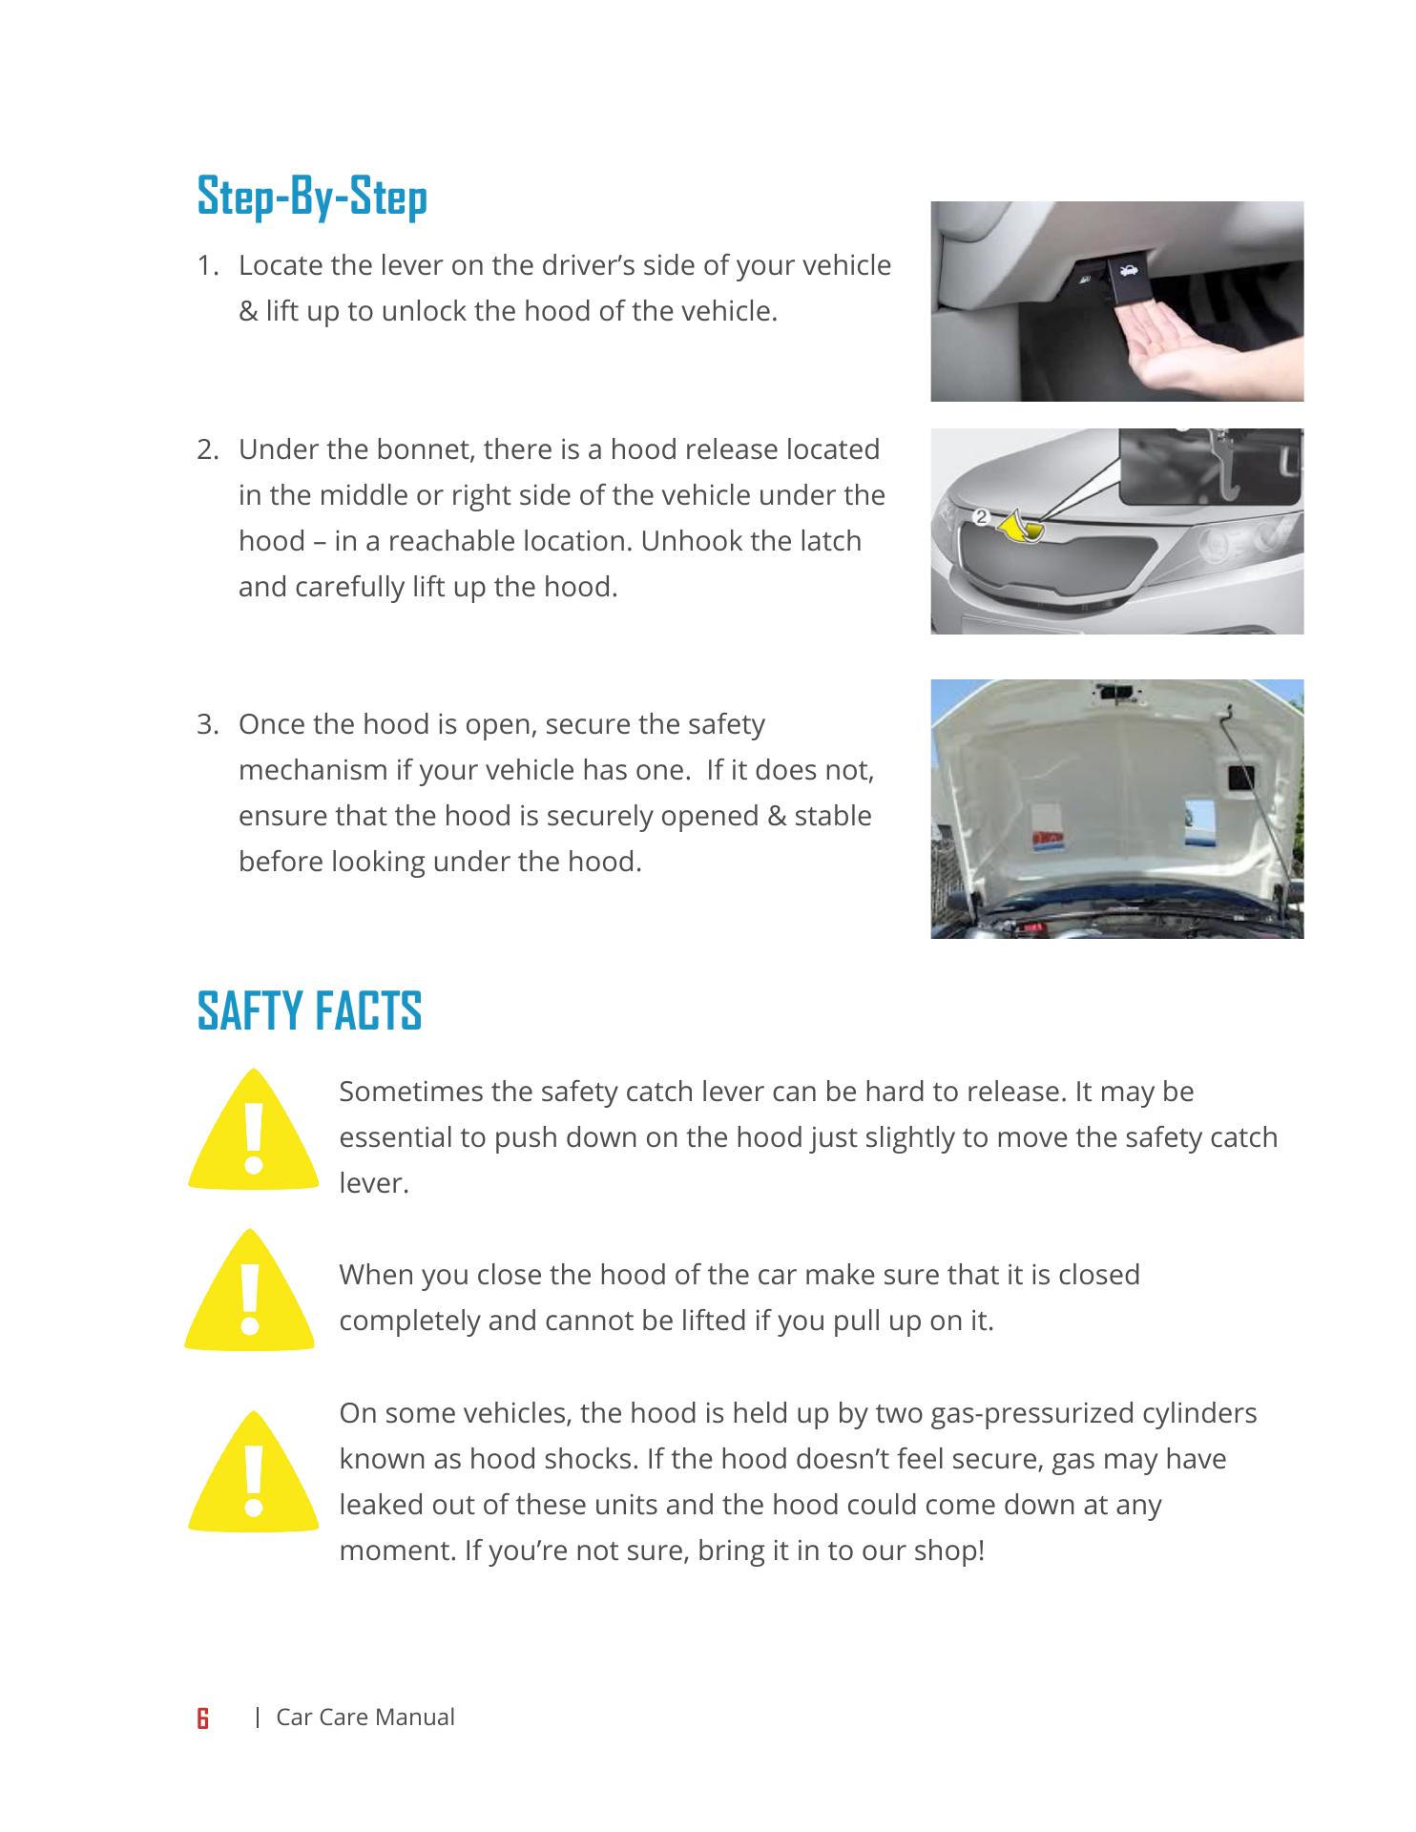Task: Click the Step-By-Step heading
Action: (312, 198)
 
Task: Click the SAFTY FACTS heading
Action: (309, 1011)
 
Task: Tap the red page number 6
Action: (202, 1719)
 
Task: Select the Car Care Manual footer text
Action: (364, 1717)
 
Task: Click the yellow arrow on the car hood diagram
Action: (1019, 527)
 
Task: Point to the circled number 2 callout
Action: (981, 517)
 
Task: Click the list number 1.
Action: (207, 265)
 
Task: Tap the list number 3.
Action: (207, 724)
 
